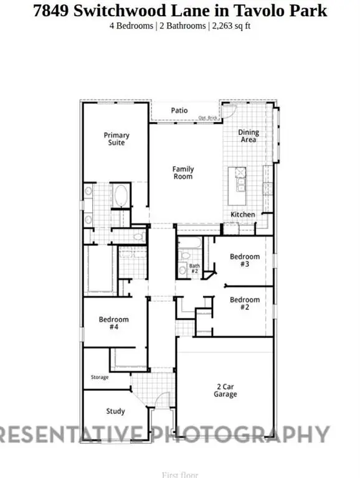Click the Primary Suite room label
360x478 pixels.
pyautogui.click(x=116, y=139)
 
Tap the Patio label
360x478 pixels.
pyautogui.click(x=179, y=111)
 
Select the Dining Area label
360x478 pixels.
pyautogui.click(x=249, y=136)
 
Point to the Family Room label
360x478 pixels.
pyautogui.click(x=183, y=172)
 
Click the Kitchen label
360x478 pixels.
pyautogui.click(x=243, y=215)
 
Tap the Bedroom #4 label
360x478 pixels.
pyautogui.click(x=113, y=324)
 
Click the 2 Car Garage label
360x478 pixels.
pyautogui.click(x=225, y=390)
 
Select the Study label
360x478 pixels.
pyautogui.click(x=115, y=411)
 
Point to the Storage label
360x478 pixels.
pyautogui.click(x=100, y=378)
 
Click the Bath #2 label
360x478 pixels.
pyautogui.click(x=194, y=269)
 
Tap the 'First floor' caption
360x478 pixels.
pyautogui.click(x=179, y=475)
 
